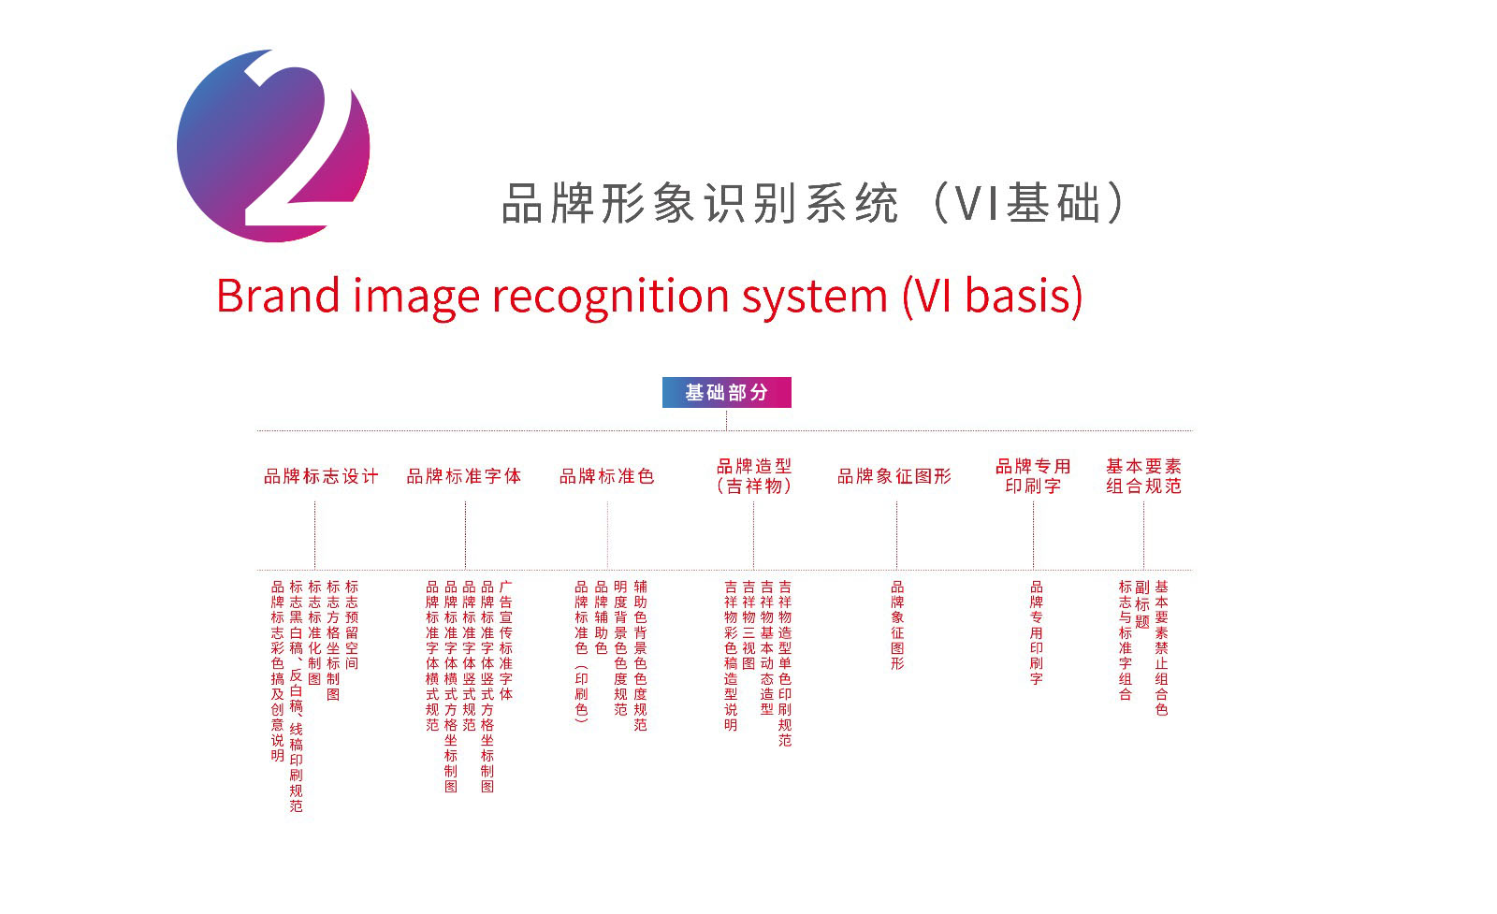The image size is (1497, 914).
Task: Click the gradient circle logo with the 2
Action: pyautogui.click(x=273, y=146)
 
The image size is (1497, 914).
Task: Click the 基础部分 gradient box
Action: pyautogui.click(x=726, y=392)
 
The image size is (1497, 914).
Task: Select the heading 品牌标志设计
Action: pyautogui.click(x=322, y=476)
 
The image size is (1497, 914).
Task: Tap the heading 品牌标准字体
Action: pyautogui.click(x=464, y=476)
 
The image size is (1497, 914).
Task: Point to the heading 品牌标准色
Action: pyautogui.click(x=607, y=476)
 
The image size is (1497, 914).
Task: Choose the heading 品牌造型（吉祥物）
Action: pyautogui.click(x=754, y=475)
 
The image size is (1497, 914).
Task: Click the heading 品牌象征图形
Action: pyautogui.click(x=894, y=476)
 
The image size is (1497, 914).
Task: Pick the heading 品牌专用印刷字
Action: pyautogui.click(x=1033, y=475)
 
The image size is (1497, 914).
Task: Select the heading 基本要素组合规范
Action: pyautogui.click(x=1143, y=475)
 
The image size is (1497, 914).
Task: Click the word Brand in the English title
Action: pyautogui.click(x=278, y=296)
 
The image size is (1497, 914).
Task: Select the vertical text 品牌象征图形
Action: pyautogui.click(x=897, y=625)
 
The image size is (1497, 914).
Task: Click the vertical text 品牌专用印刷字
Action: pyautogui.click(x=1036, y=632)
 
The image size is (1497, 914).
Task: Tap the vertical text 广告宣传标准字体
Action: pyautogui.click(x=506, y=640)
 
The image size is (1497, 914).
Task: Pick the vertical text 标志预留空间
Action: pyautogui.click(x=352, y=625)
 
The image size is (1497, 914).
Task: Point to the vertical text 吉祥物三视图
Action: pyautogui.click(x=748, y=625)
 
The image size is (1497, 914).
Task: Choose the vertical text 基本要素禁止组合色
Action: pyautogui.click(x=1161, y=648)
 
